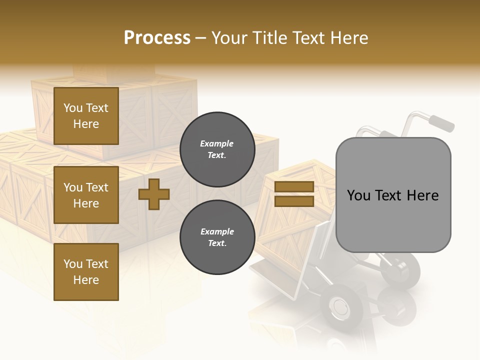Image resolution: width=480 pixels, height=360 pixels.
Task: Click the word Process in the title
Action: pos(157,38)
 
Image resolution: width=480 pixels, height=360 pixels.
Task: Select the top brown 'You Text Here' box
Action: pos(86,116)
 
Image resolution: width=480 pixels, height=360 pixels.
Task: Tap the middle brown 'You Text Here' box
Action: pos(86,195)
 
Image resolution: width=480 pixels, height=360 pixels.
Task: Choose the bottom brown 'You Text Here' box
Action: pos(86,271)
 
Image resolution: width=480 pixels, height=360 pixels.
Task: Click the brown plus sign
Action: pos(154,194)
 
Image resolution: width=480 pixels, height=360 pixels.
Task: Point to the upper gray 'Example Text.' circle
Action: pos(217,149)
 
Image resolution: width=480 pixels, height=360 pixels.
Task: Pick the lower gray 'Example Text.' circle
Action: pos(217,237)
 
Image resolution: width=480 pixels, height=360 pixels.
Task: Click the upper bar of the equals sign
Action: pos(294,187)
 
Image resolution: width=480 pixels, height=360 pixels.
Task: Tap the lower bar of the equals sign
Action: pos(294,201)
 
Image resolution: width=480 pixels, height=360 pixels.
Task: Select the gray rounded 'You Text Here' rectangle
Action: pos(393,195)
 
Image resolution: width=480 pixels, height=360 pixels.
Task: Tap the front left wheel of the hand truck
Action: pos(339,305)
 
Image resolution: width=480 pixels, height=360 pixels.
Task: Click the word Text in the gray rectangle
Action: pos(392,195)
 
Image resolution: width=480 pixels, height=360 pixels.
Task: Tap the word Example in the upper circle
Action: pos(217,143)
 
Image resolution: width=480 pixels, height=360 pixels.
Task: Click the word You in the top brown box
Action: pos(73,108)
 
